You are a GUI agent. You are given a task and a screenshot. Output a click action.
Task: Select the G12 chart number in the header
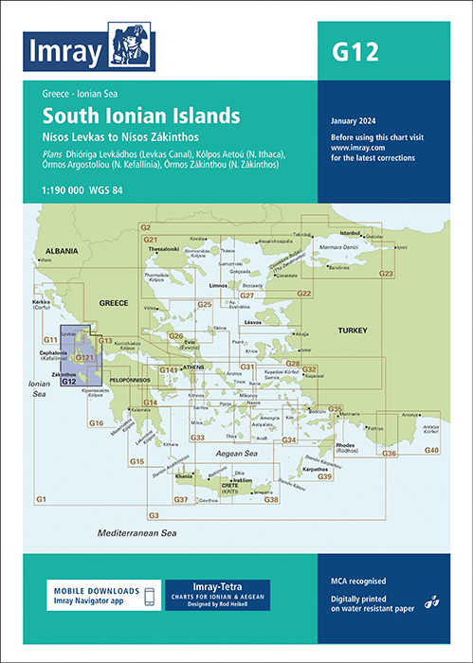coord(356,53)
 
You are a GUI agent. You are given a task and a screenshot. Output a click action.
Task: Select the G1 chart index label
coord(41,498)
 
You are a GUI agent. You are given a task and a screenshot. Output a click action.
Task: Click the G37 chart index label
coord(180,499)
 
